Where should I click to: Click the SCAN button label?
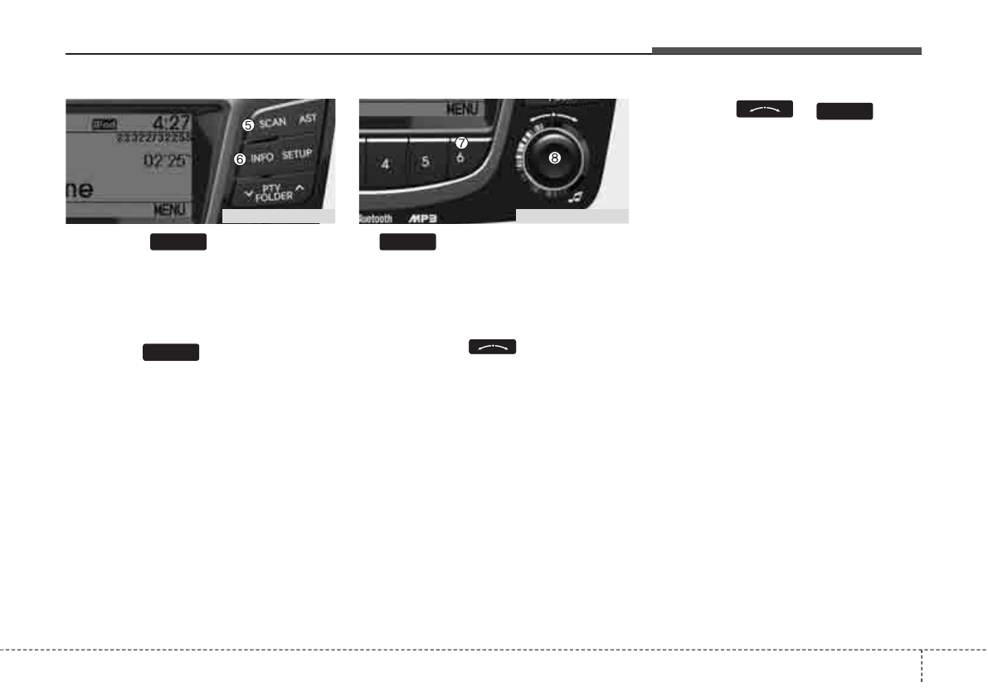pyautogui.click(x=272, y=123)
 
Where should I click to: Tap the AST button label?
pyautogui.click(x=307, y=119)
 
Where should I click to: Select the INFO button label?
pyautogui.click(x=262, y=157)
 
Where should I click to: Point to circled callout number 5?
pyautogui.click(x=247, y=124)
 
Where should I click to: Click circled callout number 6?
pyautogui.click(x=240, y=159)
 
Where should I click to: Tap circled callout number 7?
pyautogui.click(x=462, y=143)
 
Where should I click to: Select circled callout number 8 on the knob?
pyautogui.click(x=554, y=156)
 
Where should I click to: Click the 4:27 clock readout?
pyautogui.click(x=171, y=122)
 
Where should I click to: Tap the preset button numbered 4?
pyautogui.click(x=386, y=163)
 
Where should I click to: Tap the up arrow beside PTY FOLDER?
pyautogui.click(x=299, y=188)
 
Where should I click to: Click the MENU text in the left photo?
pyautogui.click(x=170, y=211)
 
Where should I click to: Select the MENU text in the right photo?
pyautogui.click(x=464, y=108)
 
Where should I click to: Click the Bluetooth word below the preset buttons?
pyautogui.click(x=376, y=219)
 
